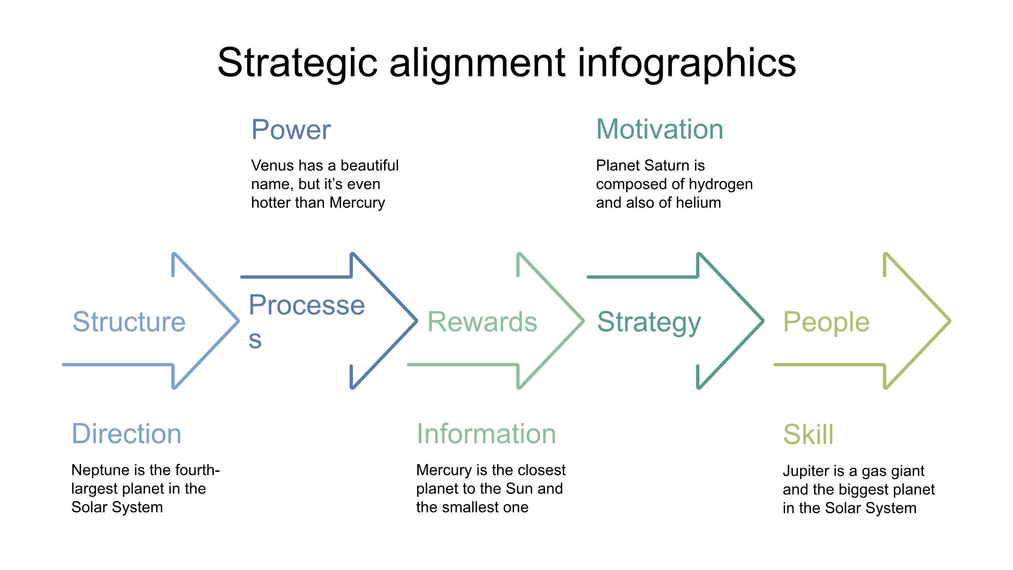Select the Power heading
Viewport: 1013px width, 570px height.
pos(291,129)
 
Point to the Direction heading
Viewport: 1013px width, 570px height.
pos(126,433)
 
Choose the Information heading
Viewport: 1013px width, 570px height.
pos(486,433)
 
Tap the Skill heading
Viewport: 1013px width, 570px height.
pos(808,434)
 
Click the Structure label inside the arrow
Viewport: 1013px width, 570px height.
pos(129,322)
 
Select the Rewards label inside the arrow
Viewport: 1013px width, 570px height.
pos(482,322)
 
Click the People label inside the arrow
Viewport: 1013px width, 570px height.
pos(826,322)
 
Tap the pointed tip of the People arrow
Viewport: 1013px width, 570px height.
pos(950,321)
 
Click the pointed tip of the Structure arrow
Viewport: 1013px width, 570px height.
pos(239,321)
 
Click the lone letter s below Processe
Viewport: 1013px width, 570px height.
pos(255,340)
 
